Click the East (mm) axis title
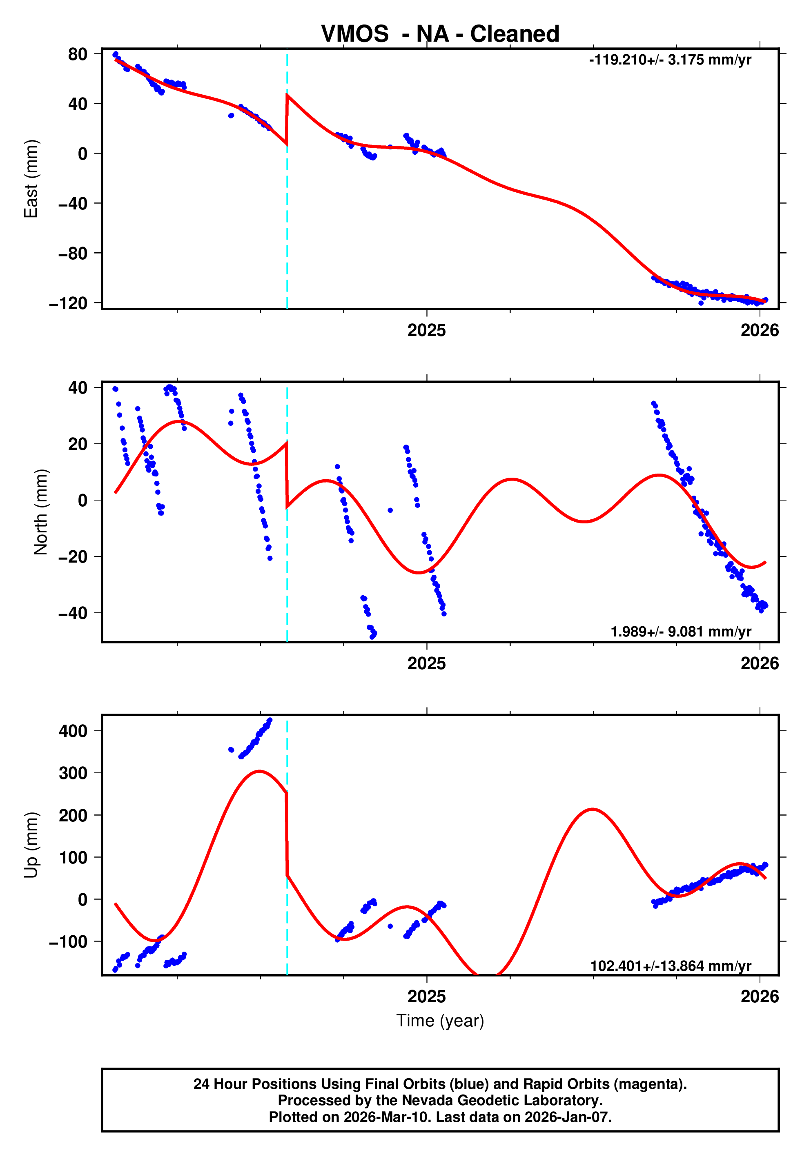click(31, 179)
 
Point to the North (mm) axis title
click(41, 512)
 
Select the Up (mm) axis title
click(31, 845)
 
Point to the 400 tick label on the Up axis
click(73, 731)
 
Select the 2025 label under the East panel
click(426, 331)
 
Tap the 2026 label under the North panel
click(759, 663)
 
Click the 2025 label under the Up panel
click(426, 996)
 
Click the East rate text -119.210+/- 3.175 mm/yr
click(670, 60)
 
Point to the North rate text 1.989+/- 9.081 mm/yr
click(680, 632)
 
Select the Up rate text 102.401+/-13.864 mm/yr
click(671, 966)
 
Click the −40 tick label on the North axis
click(73, 613)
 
